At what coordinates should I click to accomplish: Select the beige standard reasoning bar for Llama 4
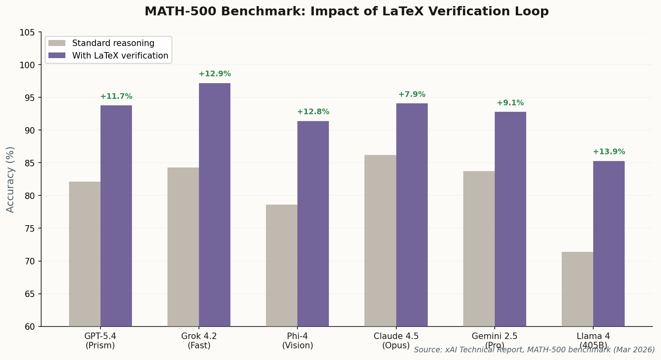(x=577, y=289)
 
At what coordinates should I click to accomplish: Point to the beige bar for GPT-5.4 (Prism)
(x=85, y=254)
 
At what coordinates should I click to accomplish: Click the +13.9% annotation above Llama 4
(x=609, y=152)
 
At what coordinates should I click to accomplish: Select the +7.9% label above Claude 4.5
(x=412, y=94)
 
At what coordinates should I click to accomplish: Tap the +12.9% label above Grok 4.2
(x=215, y=74)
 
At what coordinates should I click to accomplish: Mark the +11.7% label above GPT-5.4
(x=116, y=96)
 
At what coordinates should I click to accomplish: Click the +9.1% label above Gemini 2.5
(x=510, y=103)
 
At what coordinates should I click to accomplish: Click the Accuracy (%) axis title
(x=10, y=179)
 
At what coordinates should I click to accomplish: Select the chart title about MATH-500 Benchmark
(x=346, y=11)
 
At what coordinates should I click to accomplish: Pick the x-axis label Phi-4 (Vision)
(x=297, y=341)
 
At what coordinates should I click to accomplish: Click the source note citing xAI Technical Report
(x=534, y=350)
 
